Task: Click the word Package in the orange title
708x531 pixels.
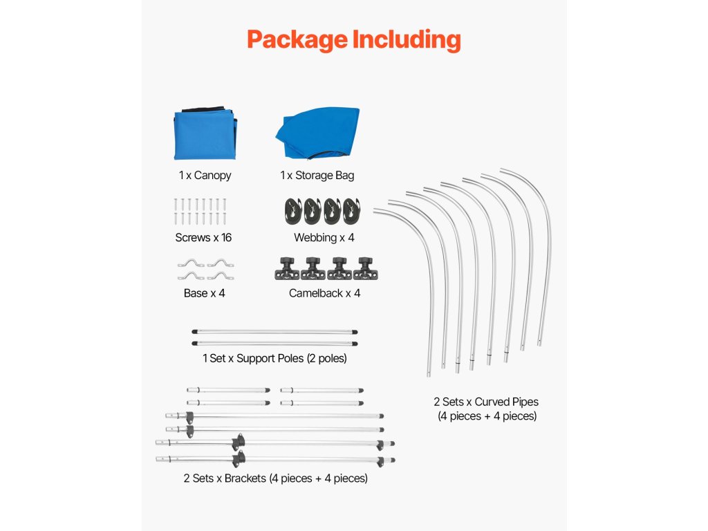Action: pos(297,39)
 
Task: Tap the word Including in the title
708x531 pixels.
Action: pos(407,39)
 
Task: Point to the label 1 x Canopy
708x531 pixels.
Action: pos(205,176)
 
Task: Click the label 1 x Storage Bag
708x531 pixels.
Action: pos(317,176)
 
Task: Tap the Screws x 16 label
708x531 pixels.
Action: pos(203,238)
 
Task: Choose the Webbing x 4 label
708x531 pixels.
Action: pos(324,238)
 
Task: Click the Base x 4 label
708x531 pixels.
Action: pos(204,293)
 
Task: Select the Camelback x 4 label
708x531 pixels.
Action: pos(324,293)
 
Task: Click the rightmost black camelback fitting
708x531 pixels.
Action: pos(364,268)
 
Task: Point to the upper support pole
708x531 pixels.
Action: pos(274,331)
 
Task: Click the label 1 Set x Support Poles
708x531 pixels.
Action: pos(274,358)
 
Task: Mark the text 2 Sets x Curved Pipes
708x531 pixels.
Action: pos(486,402)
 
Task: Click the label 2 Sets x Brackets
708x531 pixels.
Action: pos(275,478)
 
